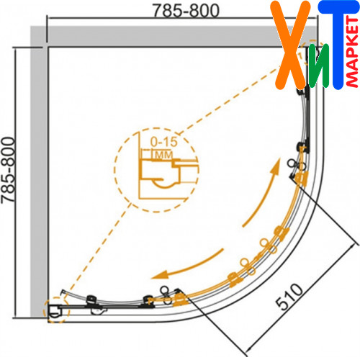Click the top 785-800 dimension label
click(186, 11)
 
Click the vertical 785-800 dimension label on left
click(8, 170)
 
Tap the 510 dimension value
click(289, 297)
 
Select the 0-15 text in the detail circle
click(164, 142)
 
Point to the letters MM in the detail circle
click(164, 155)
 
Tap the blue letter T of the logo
click(338, 45)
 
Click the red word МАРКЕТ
click(352, 52)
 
